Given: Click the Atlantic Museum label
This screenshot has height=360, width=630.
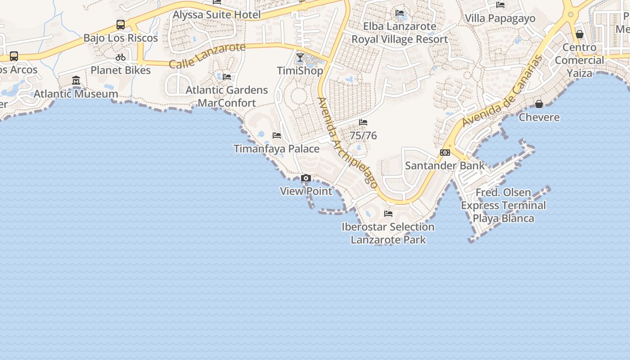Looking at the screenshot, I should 76,94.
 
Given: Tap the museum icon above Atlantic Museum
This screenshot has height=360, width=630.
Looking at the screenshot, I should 76,81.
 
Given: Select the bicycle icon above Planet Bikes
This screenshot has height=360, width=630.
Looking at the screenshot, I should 121,57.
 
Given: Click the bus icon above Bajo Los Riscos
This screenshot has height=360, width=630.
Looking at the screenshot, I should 121,25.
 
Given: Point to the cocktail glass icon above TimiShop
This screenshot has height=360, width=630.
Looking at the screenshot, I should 300,58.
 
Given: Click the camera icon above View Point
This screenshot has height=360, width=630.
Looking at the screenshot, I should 306,178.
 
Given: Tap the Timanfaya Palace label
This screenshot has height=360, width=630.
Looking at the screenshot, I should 277,149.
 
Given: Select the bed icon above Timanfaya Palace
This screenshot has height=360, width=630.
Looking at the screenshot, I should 277,135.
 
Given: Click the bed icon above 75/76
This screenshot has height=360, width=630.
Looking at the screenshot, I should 363,122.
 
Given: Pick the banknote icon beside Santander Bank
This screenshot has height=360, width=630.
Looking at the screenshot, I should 445,153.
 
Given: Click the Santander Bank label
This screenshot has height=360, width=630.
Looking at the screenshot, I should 445,166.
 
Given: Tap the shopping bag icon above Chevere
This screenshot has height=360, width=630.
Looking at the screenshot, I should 539,104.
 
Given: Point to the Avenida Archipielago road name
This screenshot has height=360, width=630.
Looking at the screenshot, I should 347,142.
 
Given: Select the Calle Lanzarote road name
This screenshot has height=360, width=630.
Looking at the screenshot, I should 207,56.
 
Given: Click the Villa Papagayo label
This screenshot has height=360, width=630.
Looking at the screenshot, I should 500,18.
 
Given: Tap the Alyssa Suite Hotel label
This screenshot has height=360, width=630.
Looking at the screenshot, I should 217,15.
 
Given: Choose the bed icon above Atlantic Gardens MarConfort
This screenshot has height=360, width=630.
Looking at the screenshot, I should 227,77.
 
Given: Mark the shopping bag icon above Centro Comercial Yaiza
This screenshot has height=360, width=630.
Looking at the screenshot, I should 580,34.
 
